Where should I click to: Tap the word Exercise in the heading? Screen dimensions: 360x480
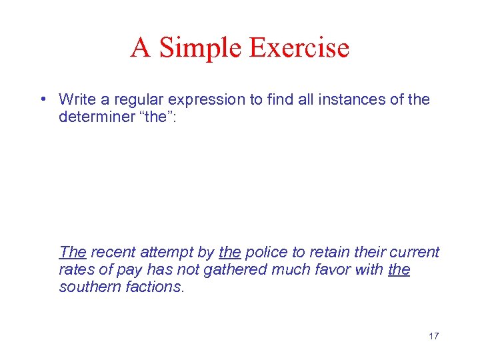pyautogui.click(x=300, y=48)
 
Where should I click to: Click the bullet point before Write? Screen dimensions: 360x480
pyautogui.click(x=42, y=99)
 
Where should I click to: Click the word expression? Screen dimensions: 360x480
pyautogui.click(x=199, y=99)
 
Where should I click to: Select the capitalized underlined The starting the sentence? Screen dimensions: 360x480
pyautogui.click(x=73, y=252)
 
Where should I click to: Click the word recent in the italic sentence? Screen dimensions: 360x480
pyautogui.click(x=112, y=252)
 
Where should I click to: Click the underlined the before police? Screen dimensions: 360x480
pyautogui.click(x=229, y=252)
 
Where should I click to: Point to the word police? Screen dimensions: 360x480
pyautogui.click(x=265, y=252)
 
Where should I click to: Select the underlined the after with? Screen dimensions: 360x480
pyautogui.click(x=399, y=269)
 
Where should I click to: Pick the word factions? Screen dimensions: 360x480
pyautogui.click(x=157, y=287)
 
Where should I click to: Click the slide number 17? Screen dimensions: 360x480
pyautogui.click(x=433, y=336)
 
